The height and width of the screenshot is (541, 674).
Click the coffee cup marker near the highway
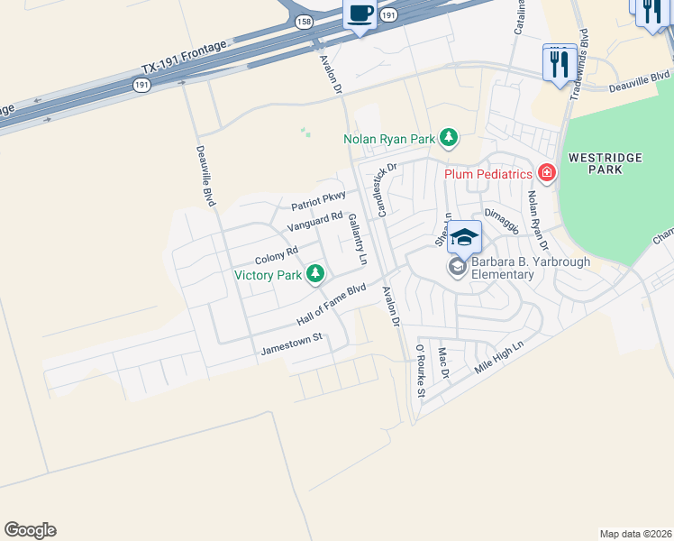coord(360,14)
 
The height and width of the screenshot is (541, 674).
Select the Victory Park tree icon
coord(314,273)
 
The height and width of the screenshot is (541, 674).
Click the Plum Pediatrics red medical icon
coord(545,172)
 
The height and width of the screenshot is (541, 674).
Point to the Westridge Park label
coord(605,163)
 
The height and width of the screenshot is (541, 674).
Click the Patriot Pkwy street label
coord(318,201)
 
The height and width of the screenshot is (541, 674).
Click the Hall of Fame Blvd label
coord(331,305)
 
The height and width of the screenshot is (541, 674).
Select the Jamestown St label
coord(291,343)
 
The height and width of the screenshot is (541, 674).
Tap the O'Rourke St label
coord(420,370)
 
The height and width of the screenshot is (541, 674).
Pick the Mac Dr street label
coord(442,363)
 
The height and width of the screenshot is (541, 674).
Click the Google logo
coord(30,530)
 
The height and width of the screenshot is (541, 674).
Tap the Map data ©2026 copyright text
coord(634,533)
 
